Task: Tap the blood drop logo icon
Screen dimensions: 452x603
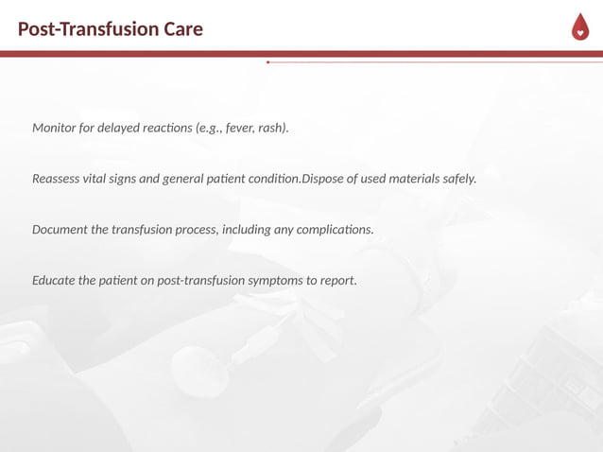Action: pos(579,29)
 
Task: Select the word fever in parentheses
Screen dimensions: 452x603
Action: pos(240,127)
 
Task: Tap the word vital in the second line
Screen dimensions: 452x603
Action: pos(102,178)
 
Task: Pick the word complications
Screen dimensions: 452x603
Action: pos(336,229)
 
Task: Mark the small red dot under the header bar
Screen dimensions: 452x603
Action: pos(268,62)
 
